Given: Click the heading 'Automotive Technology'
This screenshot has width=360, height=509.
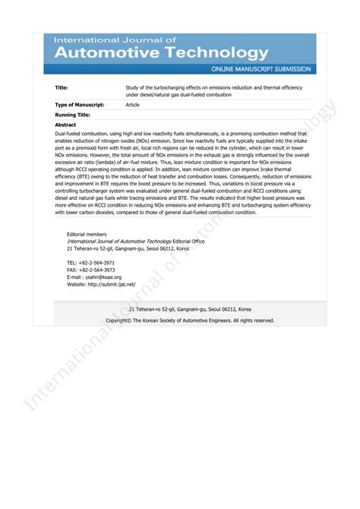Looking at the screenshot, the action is [x=161, y=52].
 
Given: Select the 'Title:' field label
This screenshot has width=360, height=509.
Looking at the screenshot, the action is [x=62, y=87].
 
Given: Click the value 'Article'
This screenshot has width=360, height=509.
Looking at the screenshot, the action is [x=133, y=104].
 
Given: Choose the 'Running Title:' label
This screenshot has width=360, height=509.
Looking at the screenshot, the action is [x=73, y=114].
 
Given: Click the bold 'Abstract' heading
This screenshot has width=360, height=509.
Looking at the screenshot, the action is [x=66, y=124].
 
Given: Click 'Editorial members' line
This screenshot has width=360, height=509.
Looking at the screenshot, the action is [x=87, y=235].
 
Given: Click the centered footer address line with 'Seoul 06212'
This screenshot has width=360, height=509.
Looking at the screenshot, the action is [x=190, y=309].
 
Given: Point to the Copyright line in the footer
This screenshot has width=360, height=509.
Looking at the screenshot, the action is [x=190, y=321].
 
